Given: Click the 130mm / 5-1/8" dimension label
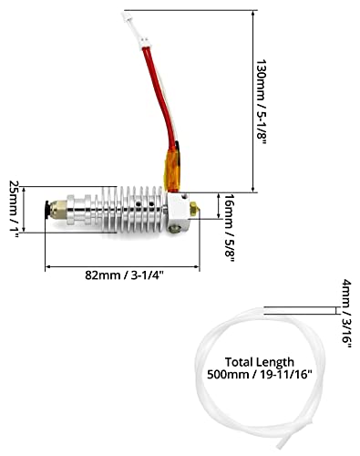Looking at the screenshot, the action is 262,103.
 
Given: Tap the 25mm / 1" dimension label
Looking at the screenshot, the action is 15,210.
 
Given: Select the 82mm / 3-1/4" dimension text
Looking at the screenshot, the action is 124,275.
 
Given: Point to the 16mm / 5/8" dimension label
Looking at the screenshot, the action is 230,228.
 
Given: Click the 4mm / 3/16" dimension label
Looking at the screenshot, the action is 346,314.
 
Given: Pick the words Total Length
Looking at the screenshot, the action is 260,362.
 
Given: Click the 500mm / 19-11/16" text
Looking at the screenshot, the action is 260,374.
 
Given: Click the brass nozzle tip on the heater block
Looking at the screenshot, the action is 195,209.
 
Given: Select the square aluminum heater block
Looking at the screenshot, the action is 179,212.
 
